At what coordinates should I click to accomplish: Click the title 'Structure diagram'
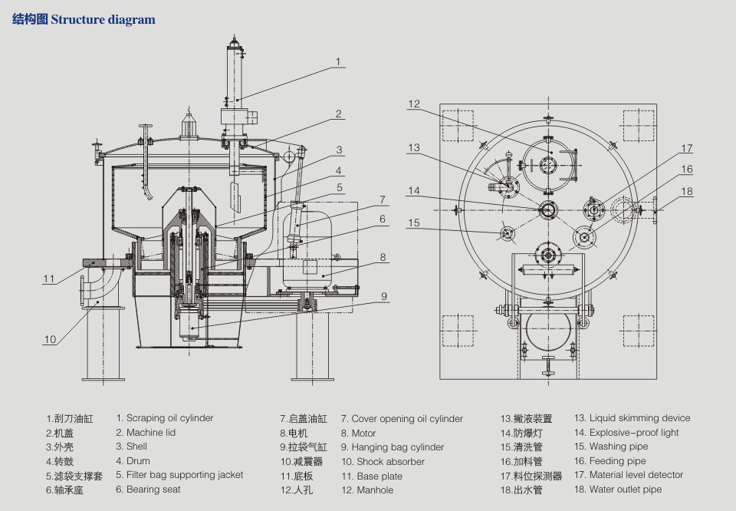(103, 20)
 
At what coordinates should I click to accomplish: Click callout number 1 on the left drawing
(337, 62)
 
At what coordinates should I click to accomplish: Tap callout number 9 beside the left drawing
(383, 295)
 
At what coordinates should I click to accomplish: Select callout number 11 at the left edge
(49, 279)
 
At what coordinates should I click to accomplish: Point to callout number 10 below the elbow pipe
(50, 339)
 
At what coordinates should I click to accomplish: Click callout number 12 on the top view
(414, 104)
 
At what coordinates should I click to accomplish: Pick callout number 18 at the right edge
(687, 192)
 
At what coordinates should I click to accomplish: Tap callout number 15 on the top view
(414, 223)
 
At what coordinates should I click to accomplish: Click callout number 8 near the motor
(383, 258)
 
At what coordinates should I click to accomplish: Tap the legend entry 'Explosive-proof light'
(634, 433)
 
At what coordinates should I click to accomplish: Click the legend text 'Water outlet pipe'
(625, 490)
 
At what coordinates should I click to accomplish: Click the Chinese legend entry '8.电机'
(294, 434)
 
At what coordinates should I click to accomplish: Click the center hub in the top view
(549, 209)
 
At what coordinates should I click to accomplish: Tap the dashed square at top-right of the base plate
(638, 126)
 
